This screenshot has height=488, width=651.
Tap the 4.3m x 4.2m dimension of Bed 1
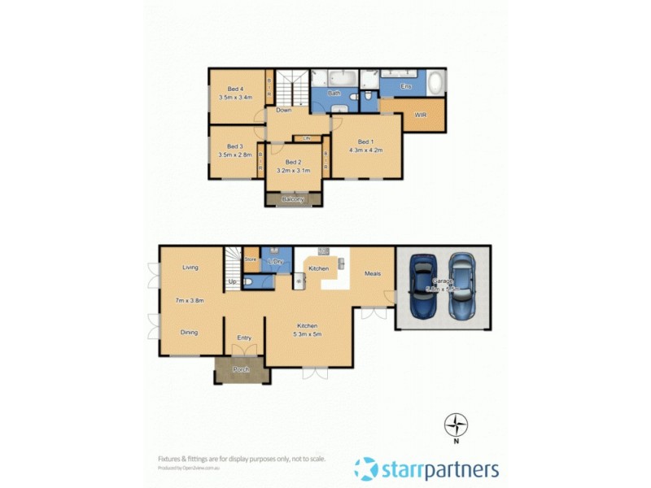(365, 150)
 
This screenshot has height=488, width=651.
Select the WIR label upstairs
(421, 115)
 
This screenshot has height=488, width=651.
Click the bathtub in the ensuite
(435, 84)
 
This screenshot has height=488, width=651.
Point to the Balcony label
(293, 199)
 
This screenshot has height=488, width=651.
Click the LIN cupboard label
(308, 138)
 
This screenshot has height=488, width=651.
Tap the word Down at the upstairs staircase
(283, 110)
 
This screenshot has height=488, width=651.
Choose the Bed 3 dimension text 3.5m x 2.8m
(235, 155)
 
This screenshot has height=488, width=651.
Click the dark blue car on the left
(423, 287)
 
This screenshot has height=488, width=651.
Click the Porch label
(241, 370)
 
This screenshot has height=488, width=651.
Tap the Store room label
(251, 259)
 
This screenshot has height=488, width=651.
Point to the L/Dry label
(276, 261)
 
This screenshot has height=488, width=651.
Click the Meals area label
(373, 273)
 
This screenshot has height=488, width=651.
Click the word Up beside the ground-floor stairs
(233, 281)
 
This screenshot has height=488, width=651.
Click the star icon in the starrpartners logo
(366, 468)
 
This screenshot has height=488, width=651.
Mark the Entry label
(244, 338)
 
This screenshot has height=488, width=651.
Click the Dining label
(190, 332)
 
